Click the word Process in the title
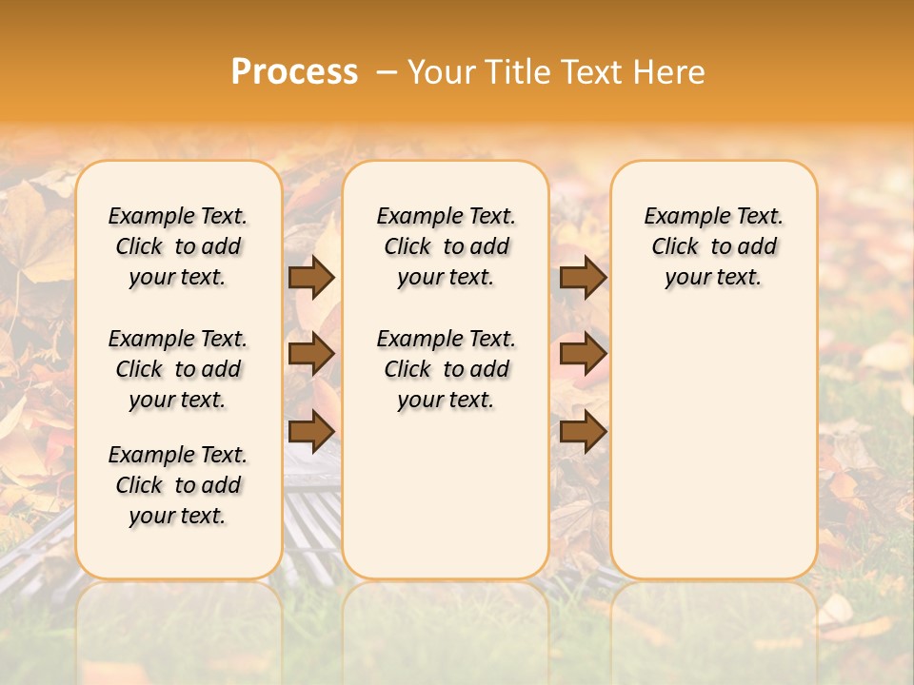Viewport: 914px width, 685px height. point(294,71)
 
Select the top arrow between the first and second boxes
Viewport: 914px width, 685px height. point(311,277)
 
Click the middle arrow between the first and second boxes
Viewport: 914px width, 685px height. point(311,354)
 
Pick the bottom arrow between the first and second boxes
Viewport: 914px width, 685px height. point(311,432)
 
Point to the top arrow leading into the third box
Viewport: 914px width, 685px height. point(583,277)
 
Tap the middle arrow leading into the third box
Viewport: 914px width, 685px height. point(583,354)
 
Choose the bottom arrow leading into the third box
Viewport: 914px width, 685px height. point(583,432)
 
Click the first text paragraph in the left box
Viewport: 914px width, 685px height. point(178,246)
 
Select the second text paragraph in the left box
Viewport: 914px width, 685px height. point(178,369)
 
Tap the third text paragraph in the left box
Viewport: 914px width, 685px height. point(178,485)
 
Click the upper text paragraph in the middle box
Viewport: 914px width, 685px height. point(446,246)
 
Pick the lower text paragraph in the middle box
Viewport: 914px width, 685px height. point(446,369)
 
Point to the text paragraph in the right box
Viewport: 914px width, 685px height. point(713,246)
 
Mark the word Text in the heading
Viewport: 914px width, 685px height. point(595,71)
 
